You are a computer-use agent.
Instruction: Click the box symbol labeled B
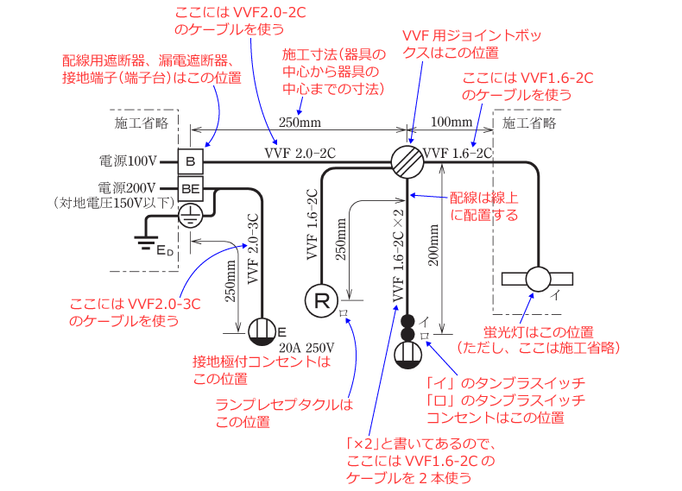pyautogui.click(x=191, y=161)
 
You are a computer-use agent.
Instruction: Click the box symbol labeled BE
pyautogui.click(x=191, y=188)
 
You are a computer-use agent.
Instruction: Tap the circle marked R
pyautogui.click(x=319, y=300)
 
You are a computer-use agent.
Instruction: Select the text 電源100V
pyautogui.click(x=127, y=161)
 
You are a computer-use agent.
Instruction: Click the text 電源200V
pyautogui.click(x=127, y=187)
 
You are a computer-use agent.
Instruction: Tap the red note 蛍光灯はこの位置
pyautogui.click(x=538, y=332)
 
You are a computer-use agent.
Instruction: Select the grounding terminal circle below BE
pyautogui.click(x=191, y=216)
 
